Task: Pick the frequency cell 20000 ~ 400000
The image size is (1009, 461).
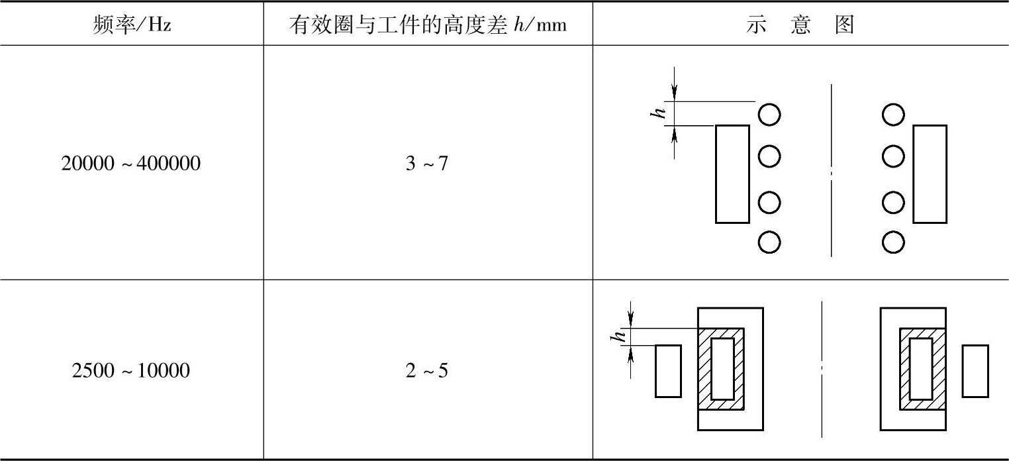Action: tap(131, 164)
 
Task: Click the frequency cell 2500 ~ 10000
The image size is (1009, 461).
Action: tap(131, 370)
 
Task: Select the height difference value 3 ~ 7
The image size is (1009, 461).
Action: tap(427, 164)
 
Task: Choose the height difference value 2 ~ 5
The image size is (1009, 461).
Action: tap(427, 370)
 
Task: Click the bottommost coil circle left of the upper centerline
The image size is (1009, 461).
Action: tap(769, 242)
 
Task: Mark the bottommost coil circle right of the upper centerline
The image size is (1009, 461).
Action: tap(893, 242)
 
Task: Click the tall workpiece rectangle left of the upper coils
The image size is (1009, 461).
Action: tap(732, 174)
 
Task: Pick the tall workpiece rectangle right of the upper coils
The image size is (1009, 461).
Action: tap(930, 174)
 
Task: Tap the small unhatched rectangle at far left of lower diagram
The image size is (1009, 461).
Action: tap(668, 371)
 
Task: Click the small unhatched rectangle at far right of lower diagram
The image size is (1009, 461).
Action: tap(975, 371)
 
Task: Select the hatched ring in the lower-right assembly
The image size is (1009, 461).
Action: tap(904, 369)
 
